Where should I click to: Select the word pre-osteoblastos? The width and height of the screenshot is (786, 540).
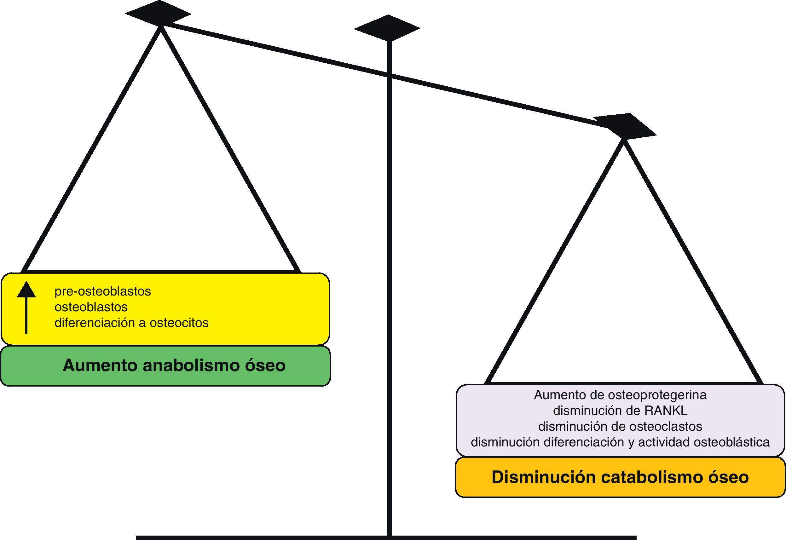pyautogui.click(x=102, y=291)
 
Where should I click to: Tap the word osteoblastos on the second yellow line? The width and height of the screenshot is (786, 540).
pyautogui.click(x=91, y=307)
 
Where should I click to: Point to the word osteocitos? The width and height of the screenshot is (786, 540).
pyautogui.click(x=179, y=323)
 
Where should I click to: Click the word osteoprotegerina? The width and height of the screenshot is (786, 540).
pyautogui.click(x=657, y=395)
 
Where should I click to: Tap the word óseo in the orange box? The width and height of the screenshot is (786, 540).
pyautogui.click(x=728, y=477)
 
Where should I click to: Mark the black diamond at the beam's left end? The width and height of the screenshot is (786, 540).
pyautogui.click(x=158, y=14)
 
